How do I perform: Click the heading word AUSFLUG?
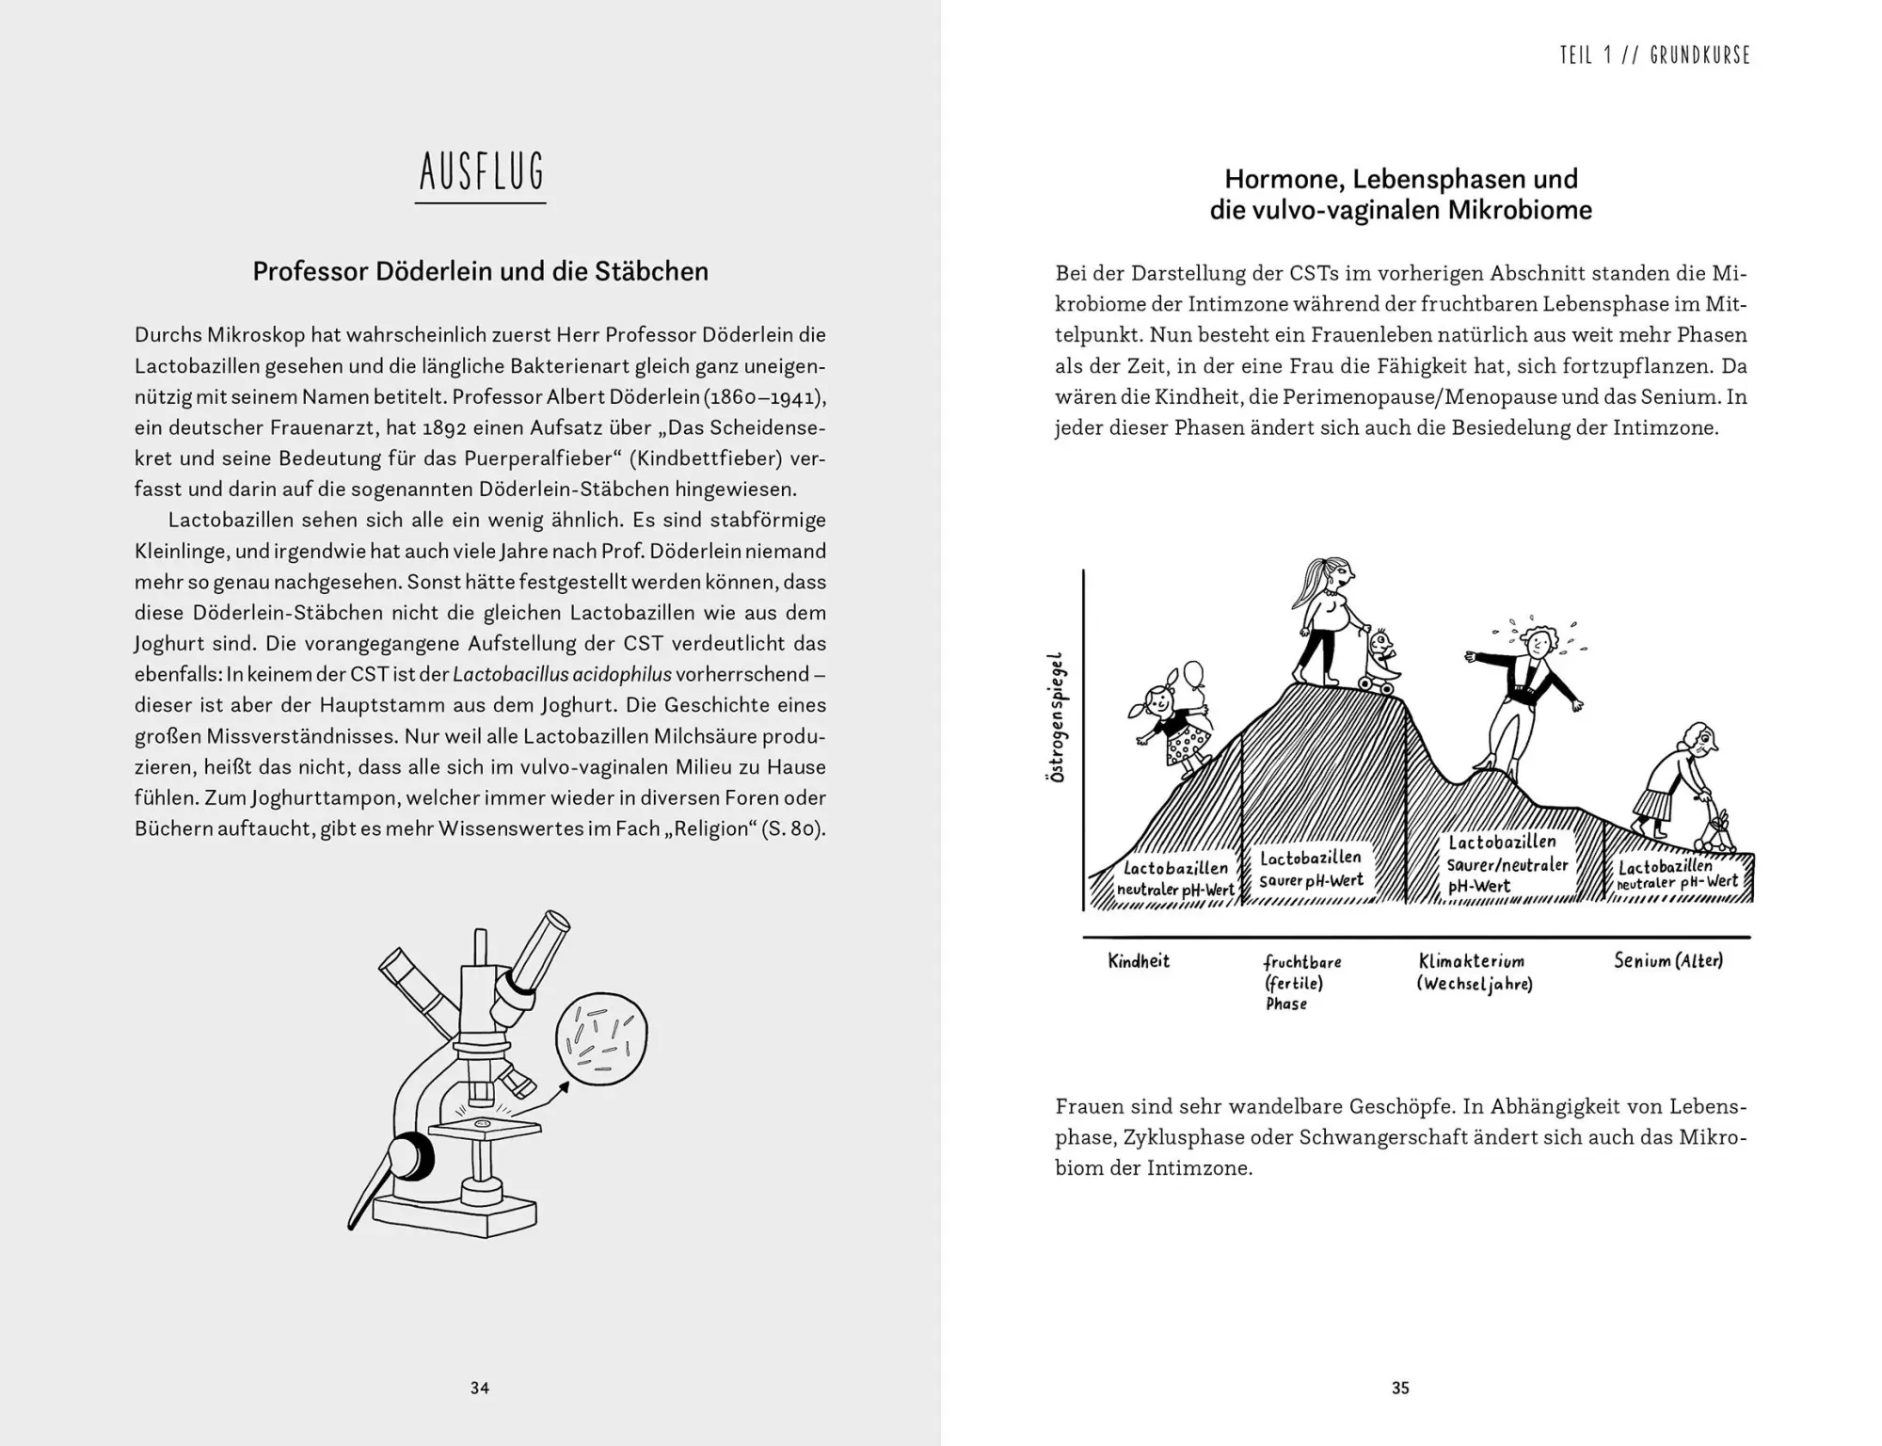pyautogui.click(x=481, y=172)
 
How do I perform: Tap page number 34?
pyautogui.click(x=480, y=1388)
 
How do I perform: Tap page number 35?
pyautogui.click(x=1400, y=1388)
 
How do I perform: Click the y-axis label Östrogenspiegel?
pyautogui.click(x=1058, y=716)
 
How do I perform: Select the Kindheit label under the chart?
pyautogui.click(x=1139, y=961)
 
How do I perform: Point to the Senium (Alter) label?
pyautogui.click(x=1668, y=961)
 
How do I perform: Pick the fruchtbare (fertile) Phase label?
pyautogui.click(x=1301, y=982)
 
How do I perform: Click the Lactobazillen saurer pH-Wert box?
pyautogui.click(x=1311, y=869)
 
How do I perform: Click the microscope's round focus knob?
pyautogui.click(x=410, y=1157)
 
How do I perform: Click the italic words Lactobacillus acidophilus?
pyautogui.click(x=563, y=674)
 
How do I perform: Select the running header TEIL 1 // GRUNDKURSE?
pyautogui.click(x=1654, y=56)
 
